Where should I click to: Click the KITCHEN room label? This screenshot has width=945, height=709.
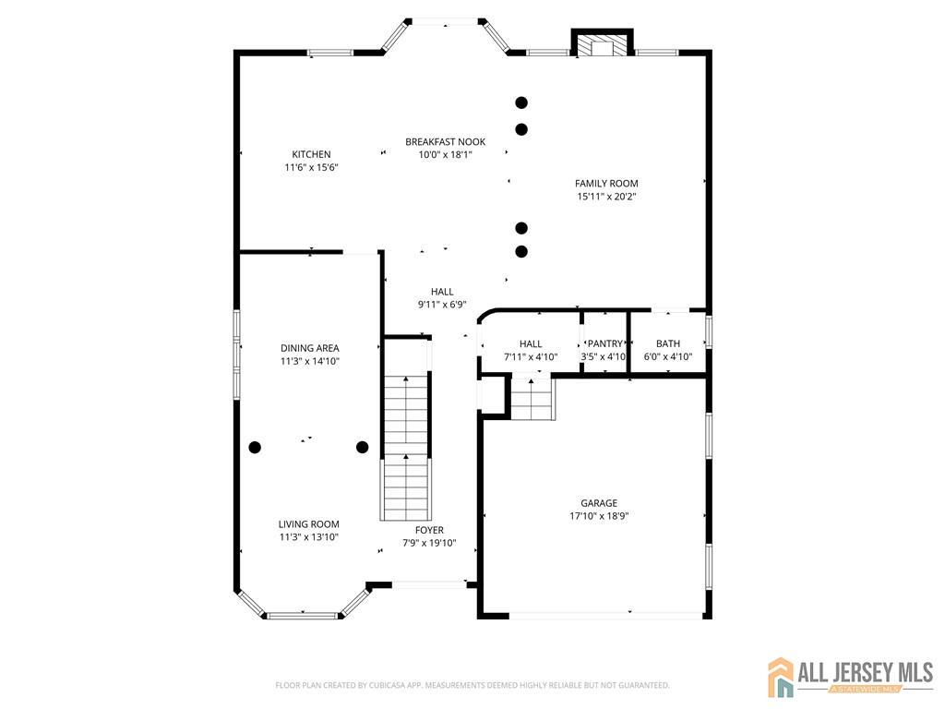311,154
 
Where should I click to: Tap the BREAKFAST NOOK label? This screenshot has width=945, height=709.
445,141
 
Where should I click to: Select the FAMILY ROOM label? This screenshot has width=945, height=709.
606,184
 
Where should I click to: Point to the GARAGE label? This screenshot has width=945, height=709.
599,503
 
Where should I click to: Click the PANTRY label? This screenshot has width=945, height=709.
604,343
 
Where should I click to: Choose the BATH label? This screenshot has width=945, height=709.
667,343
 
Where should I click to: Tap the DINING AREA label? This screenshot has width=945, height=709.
310,348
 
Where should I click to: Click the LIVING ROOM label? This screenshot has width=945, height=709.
310,523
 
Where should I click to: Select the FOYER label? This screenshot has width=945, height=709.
429,530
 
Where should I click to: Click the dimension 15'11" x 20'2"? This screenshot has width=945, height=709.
606,197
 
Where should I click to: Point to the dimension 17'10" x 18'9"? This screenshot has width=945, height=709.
599,516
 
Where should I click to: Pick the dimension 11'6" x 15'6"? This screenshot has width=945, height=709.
311,167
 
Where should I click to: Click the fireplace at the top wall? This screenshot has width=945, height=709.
603,44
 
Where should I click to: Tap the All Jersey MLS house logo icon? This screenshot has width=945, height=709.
782,677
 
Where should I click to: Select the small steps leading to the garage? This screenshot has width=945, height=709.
532,398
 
